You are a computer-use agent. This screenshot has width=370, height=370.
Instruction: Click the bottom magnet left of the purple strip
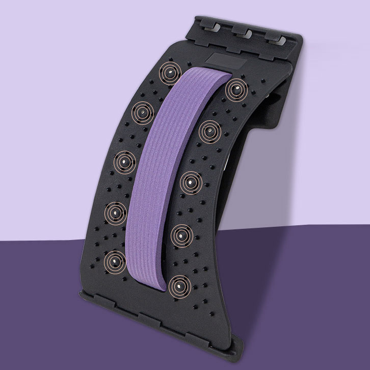point(114,261)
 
